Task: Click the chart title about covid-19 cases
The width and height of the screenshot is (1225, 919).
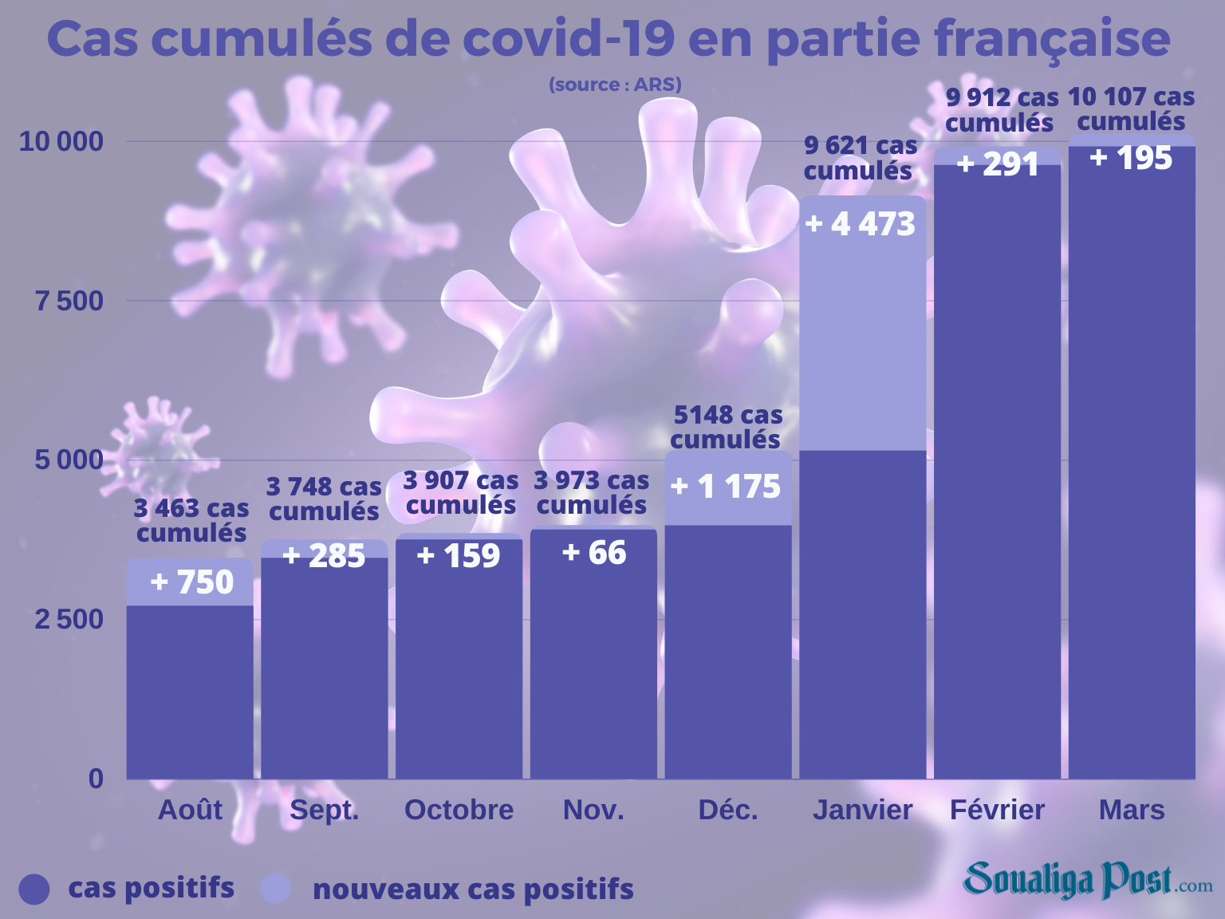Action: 609,38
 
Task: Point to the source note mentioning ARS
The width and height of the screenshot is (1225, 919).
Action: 615,85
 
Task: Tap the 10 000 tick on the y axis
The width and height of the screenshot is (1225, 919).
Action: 61,141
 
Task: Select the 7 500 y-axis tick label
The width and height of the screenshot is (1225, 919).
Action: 69,301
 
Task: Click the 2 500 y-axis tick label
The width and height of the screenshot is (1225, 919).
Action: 69,618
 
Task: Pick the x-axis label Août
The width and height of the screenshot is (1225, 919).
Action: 190,810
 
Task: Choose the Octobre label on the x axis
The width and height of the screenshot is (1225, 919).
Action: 459,810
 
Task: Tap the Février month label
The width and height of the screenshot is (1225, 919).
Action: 997,810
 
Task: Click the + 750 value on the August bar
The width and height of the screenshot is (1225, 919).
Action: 191,582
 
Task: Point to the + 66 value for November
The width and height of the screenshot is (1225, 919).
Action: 594,552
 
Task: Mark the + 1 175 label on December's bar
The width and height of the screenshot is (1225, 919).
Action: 726,487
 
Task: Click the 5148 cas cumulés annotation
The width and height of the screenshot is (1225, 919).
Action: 727,427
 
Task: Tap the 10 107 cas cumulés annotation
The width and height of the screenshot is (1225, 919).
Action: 1131,108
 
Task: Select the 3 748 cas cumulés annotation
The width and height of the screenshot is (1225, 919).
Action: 324,499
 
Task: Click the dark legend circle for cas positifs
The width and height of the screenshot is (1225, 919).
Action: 33,889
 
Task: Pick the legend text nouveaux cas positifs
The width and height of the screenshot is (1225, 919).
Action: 473,889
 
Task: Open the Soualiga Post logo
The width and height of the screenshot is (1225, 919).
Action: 1087,880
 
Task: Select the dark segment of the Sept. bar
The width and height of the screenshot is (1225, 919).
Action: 325,670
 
